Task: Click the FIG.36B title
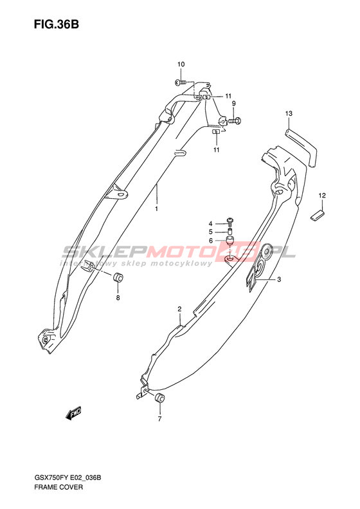pyautogui.click(x=56, y=24)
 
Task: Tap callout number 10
pyautogui.click(x=181, y=64)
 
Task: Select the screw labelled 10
pyautogui.click(x=181, y=82)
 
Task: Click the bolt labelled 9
pyautogui.click(x=235, y=121)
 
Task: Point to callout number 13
pyautogui.click(x=289, y=113)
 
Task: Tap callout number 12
pyautogui.click(x=322, y=196)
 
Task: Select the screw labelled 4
pyautogui.click(x=230, y=222)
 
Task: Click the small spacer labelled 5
pyautogui.click(x=230, y=232)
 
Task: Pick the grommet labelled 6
pyautogui.click(x=230, y=242)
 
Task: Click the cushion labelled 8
pyautogui.click(x=118, y=278)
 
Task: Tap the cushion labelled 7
pyautogui.click(x=159, y=398)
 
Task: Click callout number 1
pyautogui.click(x=156, y=208)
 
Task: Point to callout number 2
pyautogui.click(x=179, y=308)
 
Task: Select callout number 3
pyautogui.click(x=279, y=279)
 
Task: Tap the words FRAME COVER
pyautogui.click(x=59, y=496)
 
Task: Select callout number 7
pyautogui.click(x=159, y=419)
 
